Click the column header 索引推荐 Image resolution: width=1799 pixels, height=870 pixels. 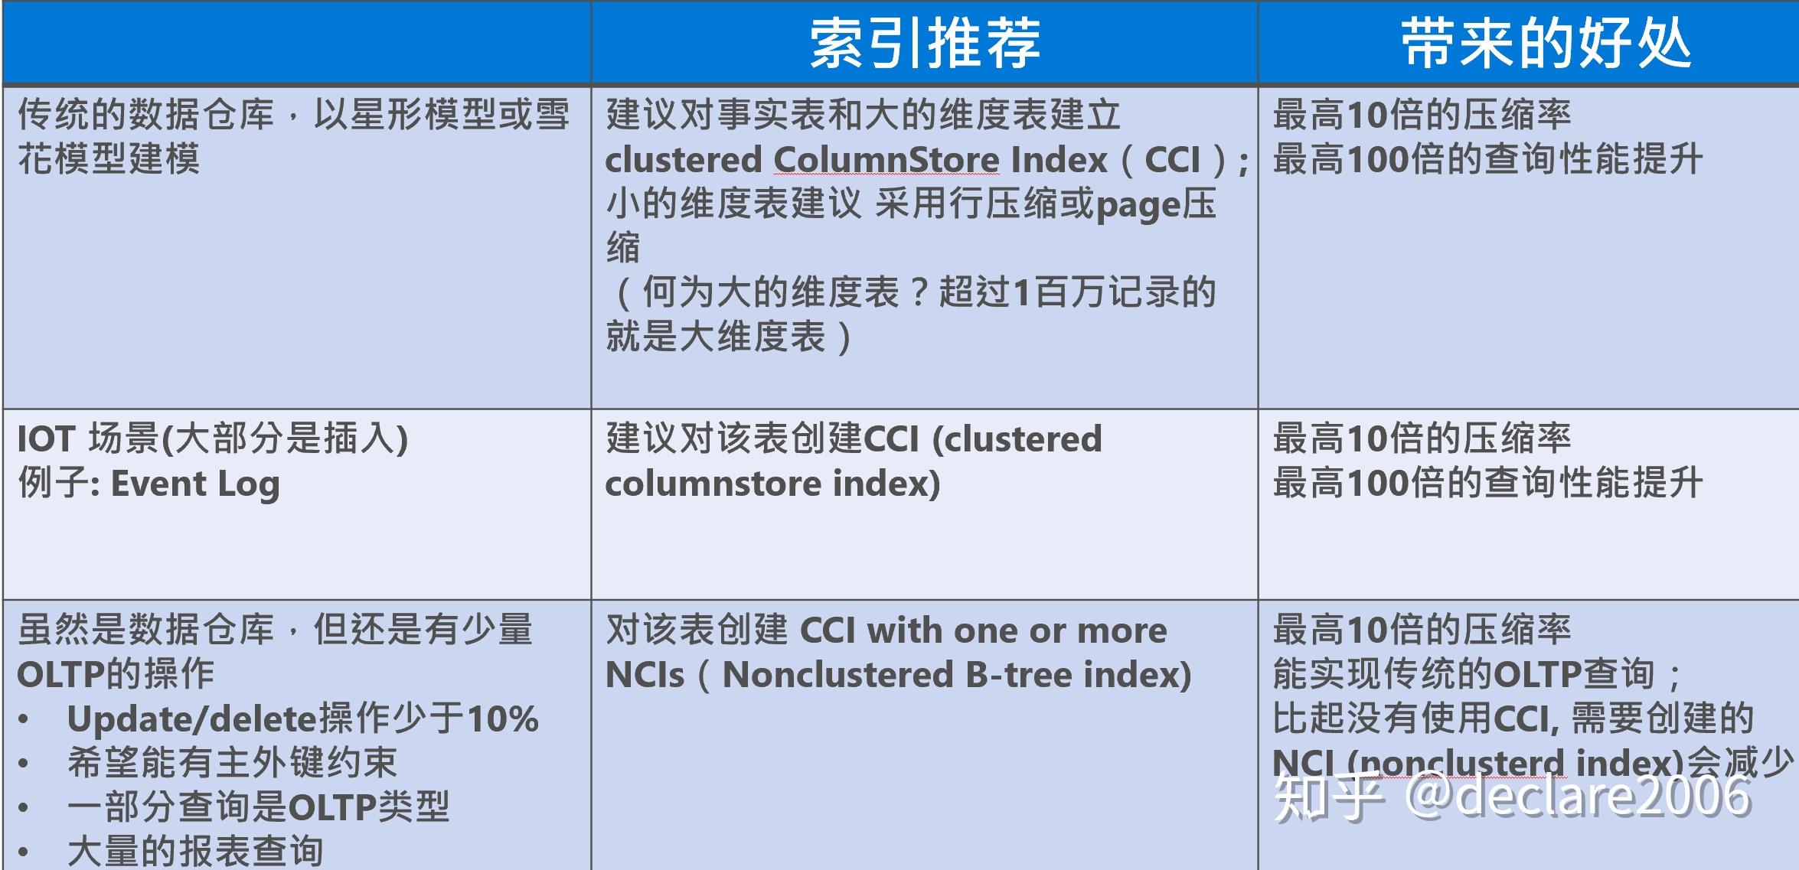(925, 43)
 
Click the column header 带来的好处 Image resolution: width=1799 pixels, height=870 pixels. (1546, 43)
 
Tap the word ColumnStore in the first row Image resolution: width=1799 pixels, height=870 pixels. (886, 160)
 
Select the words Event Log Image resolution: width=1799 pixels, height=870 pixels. (195, 484)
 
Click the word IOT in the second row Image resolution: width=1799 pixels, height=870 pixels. (46, 439)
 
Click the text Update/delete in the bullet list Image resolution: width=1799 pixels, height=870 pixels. (191, 719)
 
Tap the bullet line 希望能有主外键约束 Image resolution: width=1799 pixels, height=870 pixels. (232, 763)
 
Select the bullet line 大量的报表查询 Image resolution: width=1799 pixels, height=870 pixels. (195, 851)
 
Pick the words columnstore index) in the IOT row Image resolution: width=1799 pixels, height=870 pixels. (772, 484)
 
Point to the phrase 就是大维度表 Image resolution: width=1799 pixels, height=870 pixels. (716, 337)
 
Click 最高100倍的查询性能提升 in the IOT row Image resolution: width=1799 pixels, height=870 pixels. (1487, 484)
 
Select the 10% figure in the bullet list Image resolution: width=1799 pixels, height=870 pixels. (502, 719)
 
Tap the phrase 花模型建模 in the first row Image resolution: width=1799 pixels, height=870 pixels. (109, 159)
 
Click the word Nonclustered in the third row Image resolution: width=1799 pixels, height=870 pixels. (837, 675)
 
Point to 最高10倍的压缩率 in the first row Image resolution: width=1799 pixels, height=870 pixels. (1422, 115)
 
